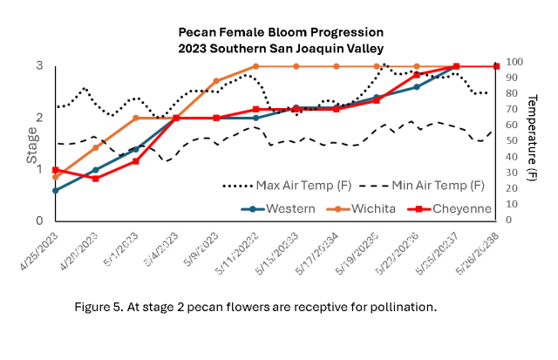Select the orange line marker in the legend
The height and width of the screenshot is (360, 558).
click(337, 209)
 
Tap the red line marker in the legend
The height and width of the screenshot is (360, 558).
click(419, 209)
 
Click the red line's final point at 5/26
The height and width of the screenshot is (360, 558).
click(496, 66)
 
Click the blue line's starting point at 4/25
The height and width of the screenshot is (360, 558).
click(55, 189)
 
